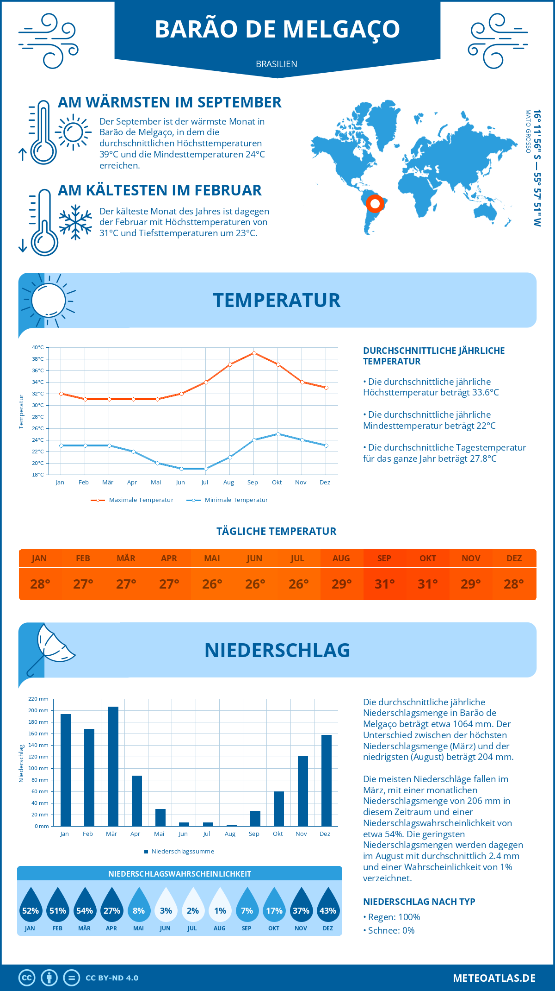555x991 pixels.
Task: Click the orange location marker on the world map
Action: [x=375, y=203]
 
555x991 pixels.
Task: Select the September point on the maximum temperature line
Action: [x=254, y=353]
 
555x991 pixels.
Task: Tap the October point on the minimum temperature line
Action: [x=278, y=434]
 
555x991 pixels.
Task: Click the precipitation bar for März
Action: [x=113, y=766]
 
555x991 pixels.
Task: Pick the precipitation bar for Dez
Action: [x=327, y=780]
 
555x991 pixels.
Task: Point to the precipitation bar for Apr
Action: [x=137, y=801]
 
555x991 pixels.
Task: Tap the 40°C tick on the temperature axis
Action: [x=38, y=347]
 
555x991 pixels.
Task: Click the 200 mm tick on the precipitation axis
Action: [x=38, y=710]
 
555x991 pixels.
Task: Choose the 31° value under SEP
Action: [x=384, y=584]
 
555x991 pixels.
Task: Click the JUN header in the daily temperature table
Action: [x=254, y=558]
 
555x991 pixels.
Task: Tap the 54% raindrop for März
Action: [x=85, y=905]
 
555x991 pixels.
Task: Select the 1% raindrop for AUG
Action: [x=220, y=905]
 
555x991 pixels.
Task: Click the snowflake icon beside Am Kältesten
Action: [x=75, y=222]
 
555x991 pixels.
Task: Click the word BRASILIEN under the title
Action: [x=277, y=64]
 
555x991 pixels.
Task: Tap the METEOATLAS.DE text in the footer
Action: [x=494, y=978]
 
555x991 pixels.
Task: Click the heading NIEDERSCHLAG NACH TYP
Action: [x=419, y=902]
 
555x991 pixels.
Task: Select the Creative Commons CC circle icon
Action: [x=27, y=978]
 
